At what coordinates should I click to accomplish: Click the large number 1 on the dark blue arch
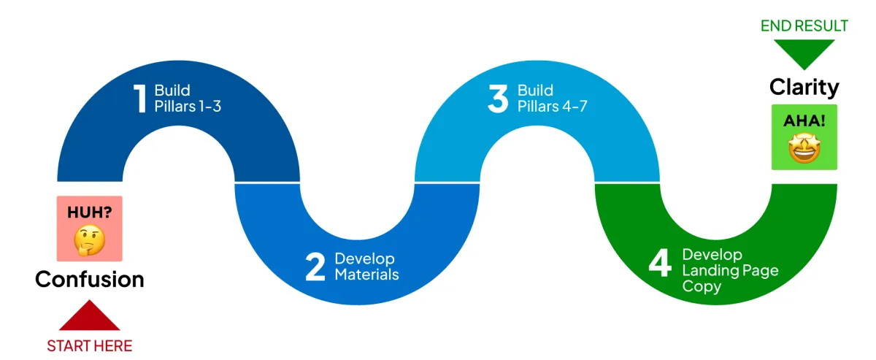140,99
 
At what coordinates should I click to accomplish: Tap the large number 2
315,267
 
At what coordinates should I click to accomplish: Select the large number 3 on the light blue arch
497,99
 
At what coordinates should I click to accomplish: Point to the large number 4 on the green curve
659,264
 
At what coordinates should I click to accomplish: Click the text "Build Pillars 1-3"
187,99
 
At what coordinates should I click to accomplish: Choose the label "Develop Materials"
366,267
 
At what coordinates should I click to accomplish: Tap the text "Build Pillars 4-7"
552,99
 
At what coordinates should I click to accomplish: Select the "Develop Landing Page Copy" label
730,270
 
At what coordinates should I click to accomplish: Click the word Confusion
89,280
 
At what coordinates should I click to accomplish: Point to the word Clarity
804,88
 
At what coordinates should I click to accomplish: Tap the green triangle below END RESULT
804,53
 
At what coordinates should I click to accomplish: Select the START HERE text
89,345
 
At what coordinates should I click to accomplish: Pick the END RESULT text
804,26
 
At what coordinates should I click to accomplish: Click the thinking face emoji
89,240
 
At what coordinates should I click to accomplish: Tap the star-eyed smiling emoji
804,149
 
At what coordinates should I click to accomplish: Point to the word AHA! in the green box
804,120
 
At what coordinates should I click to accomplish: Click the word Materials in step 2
366,275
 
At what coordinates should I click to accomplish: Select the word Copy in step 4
702,286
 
